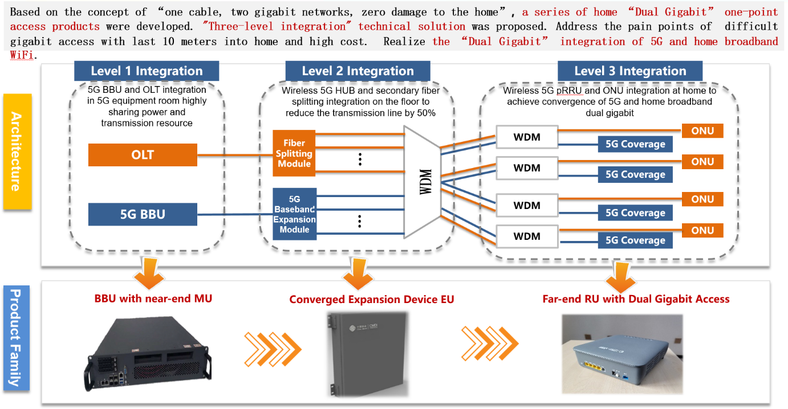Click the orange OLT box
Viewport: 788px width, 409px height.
(143, 155)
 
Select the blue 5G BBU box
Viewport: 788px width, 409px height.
(143, 214)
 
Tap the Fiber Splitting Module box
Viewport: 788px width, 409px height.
(294, 153)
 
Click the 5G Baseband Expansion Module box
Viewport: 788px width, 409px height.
(294, 215)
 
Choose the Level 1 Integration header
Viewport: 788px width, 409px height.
(147, 71)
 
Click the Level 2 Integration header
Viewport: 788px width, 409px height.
(358, 71)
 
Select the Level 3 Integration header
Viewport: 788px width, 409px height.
(630, 71)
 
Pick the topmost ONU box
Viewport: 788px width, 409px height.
(702, 130)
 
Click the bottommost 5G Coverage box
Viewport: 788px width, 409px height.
(635, 240)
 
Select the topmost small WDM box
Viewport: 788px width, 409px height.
(527, 137)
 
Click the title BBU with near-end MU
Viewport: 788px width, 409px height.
(153, 298)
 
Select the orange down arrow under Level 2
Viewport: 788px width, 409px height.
(358, 272)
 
